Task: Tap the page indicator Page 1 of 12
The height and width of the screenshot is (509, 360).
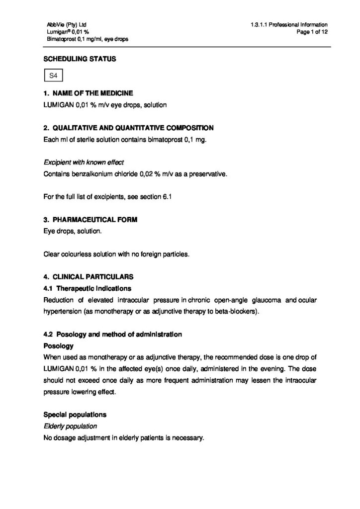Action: (311, 32)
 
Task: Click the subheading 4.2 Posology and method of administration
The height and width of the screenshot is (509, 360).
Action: (112, 335)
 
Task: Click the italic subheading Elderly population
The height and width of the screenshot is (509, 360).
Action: (70, 426)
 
